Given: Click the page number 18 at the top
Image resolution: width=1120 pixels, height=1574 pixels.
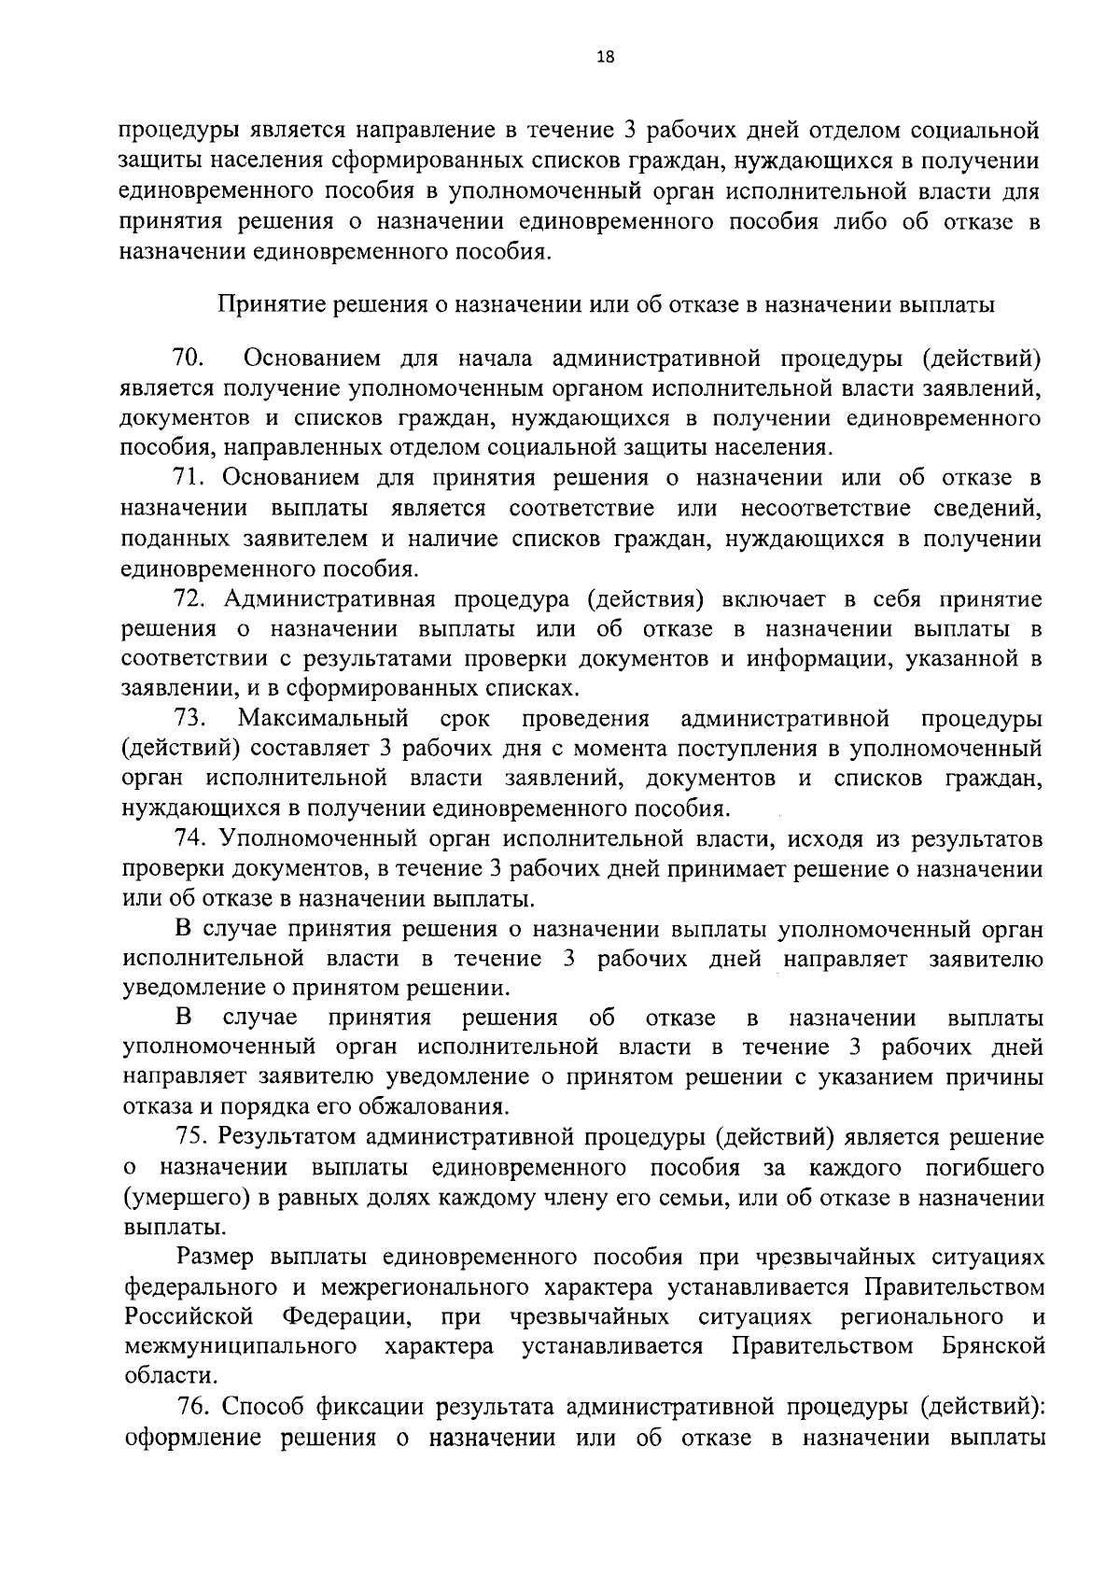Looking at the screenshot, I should click(x=605, y=58).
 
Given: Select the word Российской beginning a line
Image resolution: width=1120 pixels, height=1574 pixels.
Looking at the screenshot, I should click(x=189, y=1316).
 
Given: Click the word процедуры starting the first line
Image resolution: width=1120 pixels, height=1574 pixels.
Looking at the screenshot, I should click(x=180, y=129).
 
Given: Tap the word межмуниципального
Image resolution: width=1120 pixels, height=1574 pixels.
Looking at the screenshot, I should click(x=241, y=1346).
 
